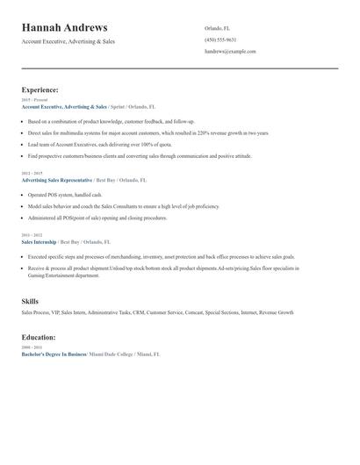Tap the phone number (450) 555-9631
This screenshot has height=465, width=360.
pos(220,39)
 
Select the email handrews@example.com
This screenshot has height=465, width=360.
pos(230,52)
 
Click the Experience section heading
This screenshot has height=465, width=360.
pos(40,89)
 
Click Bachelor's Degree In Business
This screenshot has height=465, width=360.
pos(54,354)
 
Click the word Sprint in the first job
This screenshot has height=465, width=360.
pos(117,106)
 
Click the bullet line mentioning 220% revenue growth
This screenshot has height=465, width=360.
pos(135,132)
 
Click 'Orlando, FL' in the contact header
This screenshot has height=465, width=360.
pos(218,28)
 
